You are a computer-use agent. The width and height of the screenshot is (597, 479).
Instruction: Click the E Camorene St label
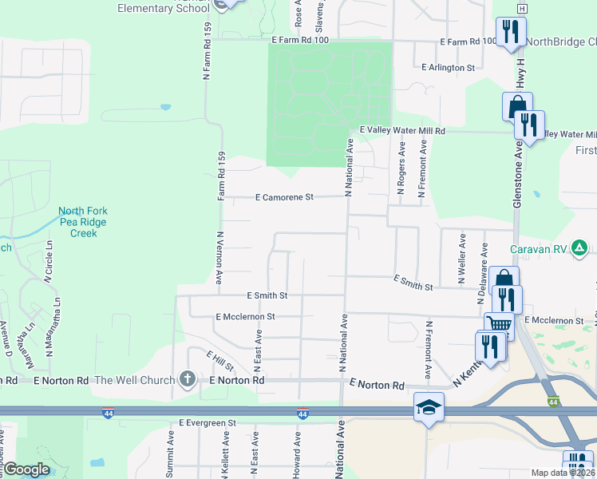(x=285, y=197)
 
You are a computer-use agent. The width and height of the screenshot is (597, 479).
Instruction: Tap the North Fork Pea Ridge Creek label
(x=82, y=223)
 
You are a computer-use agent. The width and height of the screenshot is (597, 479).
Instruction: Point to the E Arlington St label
(x=448, y=68)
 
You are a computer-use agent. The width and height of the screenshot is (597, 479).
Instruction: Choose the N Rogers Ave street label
(x=401, y=169)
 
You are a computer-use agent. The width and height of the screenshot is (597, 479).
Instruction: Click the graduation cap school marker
(x=428, y=407)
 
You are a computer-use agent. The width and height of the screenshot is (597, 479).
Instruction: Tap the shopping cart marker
(x=498, y=323)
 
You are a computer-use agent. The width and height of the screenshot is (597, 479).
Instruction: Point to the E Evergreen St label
(x=208, y=422)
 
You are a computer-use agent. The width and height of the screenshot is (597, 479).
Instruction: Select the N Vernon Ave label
(x=219, y=257)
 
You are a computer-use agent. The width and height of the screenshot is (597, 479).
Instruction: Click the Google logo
(x=26, y=469)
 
